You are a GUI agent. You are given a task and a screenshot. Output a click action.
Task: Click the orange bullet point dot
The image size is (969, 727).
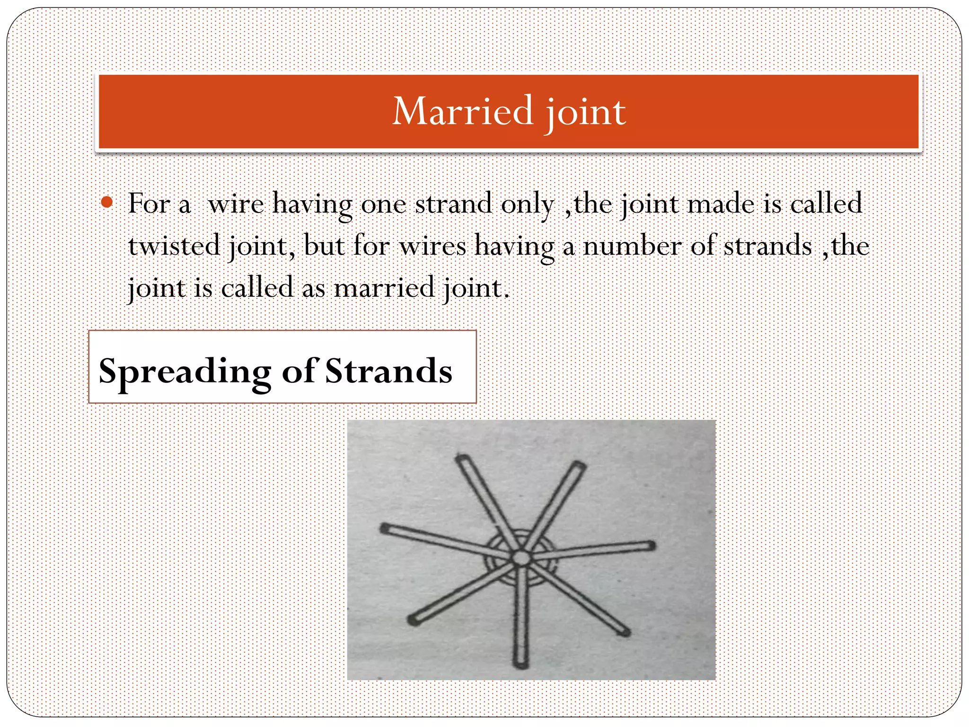[x=107, y=203]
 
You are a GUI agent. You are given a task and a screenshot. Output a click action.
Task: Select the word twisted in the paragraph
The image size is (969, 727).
[x=174, y=246]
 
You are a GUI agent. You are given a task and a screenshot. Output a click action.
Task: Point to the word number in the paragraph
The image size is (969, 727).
[x=632, y=246]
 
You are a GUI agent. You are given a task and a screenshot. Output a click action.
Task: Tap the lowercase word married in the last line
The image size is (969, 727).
[x=384, y=288]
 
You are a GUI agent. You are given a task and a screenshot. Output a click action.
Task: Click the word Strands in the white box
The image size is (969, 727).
[x=388, y=371]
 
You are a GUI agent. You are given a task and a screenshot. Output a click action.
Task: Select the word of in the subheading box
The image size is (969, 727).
[x=299, y=371]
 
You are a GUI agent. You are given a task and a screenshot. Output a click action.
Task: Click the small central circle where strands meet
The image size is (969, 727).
[x=521, y=558]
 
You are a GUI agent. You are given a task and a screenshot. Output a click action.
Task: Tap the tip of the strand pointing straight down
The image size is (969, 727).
[x=520, y=664]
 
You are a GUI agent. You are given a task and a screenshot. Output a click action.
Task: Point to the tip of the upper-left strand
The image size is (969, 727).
[x=461, y=458]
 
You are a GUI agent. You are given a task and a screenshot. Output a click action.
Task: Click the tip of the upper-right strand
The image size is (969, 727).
[x=580, y=464]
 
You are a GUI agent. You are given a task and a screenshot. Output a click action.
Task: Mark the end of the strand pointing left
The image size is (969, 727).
[x=384, y=528]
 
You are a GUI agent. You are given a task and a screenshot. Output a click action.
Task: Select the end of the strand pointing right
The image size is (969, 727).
[x=652, y=546]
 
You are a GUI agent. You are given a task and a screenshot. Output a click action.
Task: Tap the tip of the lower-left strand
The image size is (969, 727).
[x=413, y=620]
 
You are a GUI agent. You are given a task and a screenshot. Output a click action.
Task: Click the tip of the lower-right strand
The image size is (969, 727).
[x=625, y=632]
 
